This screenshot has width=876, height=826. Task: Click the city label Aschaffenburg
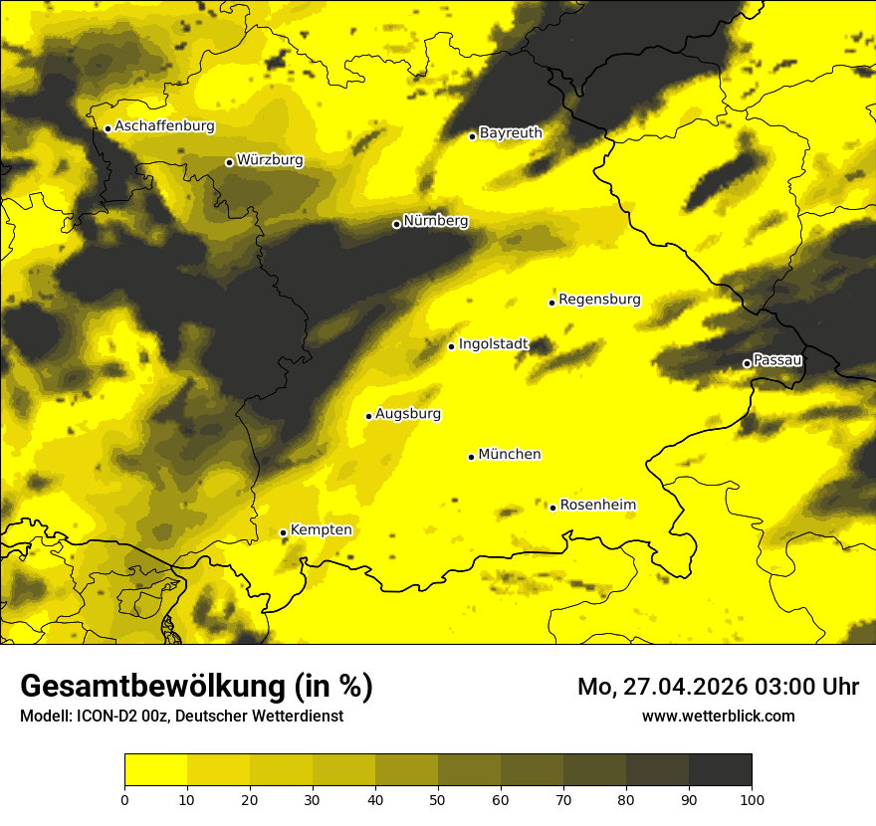(x=164, y=126)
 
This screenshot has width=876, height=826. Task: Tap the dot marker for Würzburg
(x=229, y=162)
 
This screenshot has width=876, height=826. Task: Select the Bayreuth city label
(x=511, y=132)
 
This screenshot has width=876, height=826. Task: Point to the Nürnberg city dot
(x=396, y=224)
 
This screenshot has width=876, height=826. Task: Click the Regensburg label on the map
(x=599, y=300)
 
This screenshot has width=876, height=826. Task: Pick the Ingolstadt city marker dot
(x=451, y=346)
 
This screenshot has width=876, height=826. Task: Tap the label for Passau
(x=777, y=360)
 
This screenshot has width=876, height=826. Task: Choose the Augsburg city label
(x=408, y=414)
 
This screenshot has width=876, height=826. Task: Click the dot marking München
(x=471, y=457)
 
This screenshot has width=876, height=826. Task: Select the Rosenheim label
(x=597, y=506)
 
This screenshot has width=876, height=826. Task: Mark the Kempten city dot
(x=283, y=532)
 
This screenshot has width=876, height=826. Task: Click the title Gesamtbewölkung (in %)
(x=196, y=687)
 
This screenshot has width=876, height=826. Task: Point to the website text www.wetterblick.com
(x=718, y=716)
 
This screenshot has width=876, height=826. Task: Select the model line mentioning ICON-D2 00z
(x=181, y=717)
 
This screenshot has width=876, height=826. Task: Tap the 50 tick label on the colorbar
(x=438, y=798)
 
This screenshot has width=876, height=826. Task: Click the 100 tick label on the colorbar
(x=751, y=798)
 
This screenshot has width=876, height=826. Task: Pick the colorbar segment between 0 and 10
(x=155, y=770)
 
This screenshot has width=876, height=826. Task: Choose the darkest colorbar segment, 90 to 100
(x=720, y=770)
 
